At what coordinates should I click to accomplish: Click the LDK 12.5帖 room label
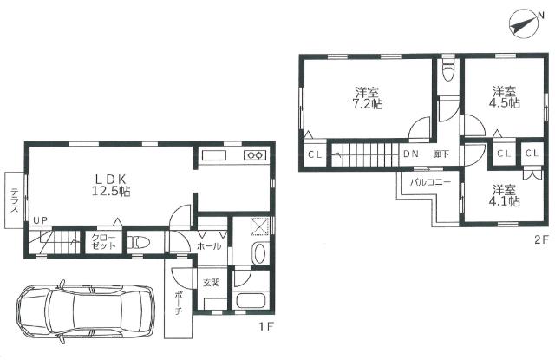[x=111, y=185]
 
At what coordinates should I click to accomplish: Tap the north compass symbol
[x=524, y=25]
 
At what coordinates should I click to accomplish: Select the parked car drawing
[x=86, y=311]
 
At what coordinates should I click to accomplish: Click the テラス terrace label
[x=14, y=200]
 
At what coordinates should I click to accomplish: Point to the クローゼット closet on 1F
[x=103, y=241]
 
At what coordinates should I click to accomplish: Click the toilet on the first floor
[x=139, y=243]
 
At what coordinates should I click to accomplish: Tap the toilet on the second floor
[x=448, y=70]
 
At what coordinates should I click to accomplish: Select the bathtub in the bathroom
[x=251, y=301]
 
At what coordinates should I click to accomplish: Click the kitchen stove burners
[x=254, y=155]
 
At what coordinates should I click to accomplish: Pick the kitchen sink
[x=214, y=156]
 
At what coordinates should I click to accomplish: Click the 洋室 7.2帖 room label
[x=368, y=98]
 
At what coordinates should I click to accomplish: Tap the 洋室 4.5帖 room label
[x=505, y=97]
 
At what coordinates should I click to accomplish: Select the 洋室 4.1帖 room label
[x=505, y=195]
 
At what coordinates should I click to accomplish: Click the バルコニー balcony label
[x=431, y=183]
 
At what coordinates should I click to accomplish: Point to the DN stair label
[x=410, y=154]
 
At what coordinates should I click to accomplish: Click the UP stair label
[x=41, y=220]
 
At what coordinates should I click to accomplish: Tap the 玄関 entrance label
[x=212, y=283]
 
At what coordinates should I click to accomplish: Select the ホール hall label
[x=209, y=246]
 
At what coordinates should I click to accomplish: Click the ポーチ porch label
[x=179, y=303]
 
